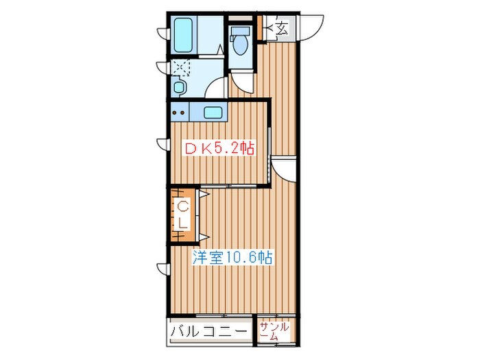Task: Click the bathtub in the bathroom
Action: point(184,35)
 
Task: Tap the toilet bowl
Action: point(240,45)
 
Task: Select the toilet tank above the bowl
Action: point(240,31)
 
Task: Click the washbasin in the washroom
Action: point(178,86)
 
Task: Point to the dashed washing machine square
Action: point(180,67)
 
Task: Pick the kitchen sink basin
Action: point(213,112)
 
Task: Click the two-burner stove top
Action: point(180,112)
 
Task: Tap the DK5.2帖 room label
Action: point(219,149)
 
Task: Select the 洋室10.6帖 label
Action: point(232,257)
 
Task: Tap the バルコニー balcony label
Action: point(208,331)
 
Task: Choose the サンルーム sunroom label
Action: point(274,331)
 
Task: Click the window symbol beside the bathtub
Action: point(163,33)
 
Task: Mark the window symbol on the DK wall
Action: point(163,144)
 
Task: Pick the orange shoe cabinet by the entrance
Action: point(260,27)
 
